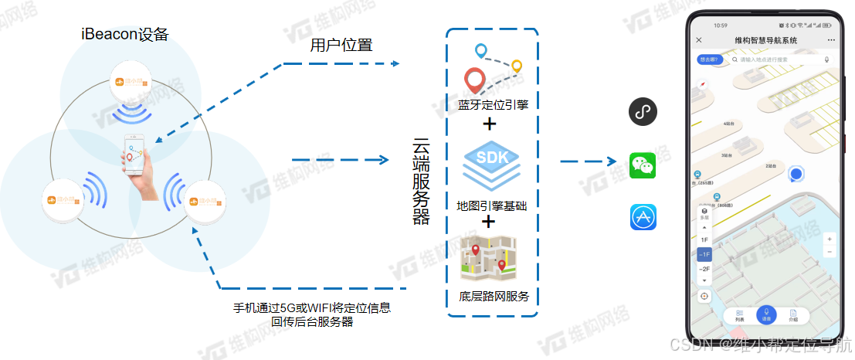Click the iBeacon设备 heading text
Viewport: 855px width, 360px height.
tap(125, 34)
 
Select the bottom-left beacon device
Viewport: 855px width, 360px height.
tap(62, 202)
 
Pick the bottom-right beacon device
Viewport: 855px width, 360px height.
tap(205, 202)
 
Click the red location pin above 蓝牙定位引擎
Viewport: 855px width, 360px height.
tap(475, 80)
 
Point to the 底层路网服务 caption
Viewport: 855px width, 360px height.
tap(493, 297)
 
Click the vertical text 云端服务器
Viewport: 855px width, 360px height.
tap(422, 181)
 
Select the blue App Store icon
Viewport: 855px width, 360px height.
tap(643, 217)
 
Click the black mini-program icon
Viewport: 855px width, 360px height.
tap(643, 112)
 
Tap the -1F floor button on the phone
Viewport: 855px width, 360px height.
tap(704, 254)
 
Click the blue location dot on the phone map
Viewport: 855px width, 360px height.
tap(796, 173)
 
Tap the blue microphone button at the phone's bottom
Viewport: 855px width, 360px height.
tap(765, 314)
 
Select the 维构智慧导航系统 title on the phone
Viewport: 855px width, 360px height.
tap(765, 39)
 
